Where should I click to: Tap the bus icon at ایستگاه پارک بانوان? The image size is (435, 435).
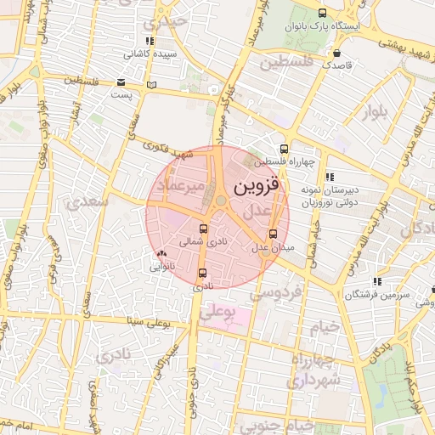tap(321, 13)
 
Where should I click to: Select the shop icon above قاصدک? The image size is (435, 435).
tap(337, 53)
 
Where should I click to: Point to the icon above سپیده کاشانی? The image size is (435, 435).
tap(150, 41)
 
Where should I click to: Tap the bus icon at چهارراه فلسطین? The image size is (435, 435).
tap(285, 149)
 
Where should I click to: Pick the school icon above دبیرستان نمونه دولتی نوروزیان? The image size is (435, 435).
tap(330, 177)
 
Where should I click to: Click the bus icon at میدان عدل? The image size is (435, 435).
tap(273, 234)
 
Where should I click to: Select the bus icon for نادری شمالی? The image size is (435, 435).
tap(202, 229)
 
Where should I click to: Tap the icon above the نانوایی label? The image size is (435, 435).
tap(161, 253)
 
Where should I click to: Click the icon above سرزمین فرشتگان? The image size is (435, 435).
tap(376, 281)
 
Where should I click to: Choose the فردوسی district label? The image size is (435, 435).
tap(275, 293)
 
